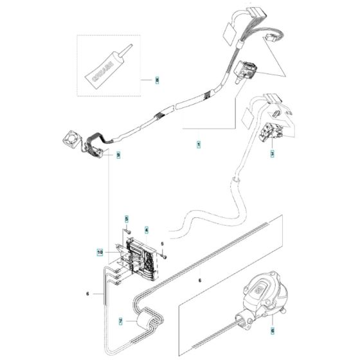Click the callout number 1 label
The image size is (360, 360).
tap(198, 146)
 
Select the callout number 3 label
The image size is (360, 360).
tap(273, 153)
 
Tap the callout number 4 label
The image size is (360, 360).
tap(147, 230)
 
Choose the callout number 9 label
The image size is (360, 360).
tap(118, 155)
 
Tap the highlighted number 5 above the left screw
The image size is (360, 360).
tap(127, 220)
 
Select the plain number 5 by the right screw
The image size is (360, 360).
tap(162, 244)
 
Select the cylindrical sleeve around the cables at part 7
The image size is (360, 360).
tap(147, 319)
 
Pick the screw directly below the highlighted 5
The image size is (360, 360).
tap(127, 231)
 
